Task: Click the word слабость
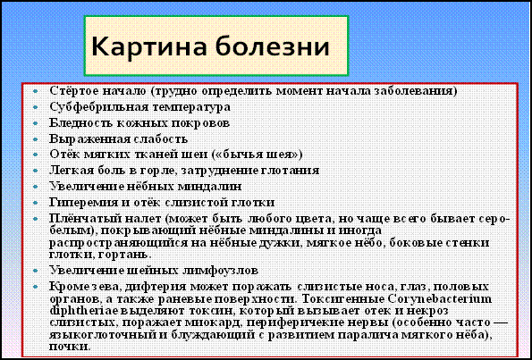click(160, 139)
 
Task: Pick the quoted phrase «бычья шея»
click(257, 155)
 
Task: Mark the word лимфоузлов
click(224, 271)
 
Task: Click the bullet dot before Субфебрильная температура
click(36, 108)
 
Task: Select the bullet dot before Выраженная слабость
click(36, 139)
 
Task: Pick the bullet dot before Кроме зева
click(36, 287)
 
